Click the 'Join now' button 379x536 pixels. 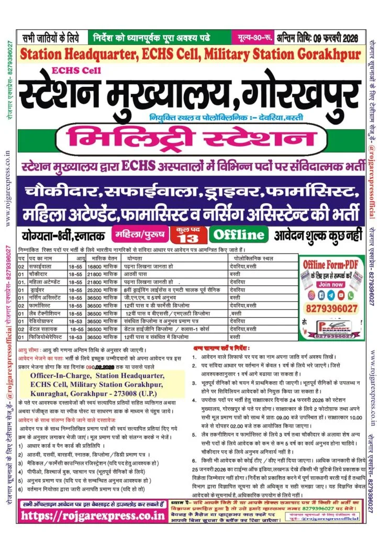point(331,284)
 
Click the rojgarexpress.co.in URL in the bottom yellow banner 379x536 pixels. point(93,515)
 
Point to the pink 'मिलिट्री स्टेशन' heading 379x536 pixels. point(191,139)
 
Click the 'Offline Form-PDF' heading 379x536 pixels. point(331,263)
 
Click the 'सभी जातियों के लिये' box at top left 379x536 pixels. point(51,38)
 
